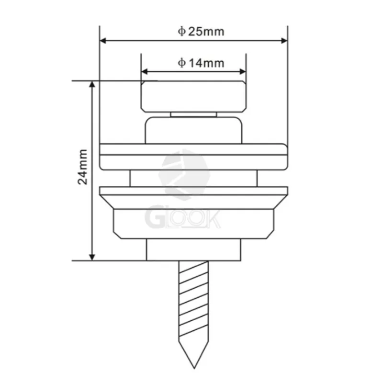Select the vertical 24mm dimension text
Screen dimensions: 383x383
pos(84,167)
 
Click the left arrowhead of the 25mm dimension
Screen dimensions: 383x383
pos(102,41)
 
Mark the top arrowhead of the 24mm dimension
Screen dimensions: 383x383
pos(92,84)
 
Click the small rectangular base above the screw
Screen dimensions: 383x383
pos(193,249)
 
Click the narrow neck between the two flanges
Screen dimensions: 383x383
pos(193,179)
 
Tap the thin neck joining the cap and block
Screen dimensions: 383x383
pos(193,114)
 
